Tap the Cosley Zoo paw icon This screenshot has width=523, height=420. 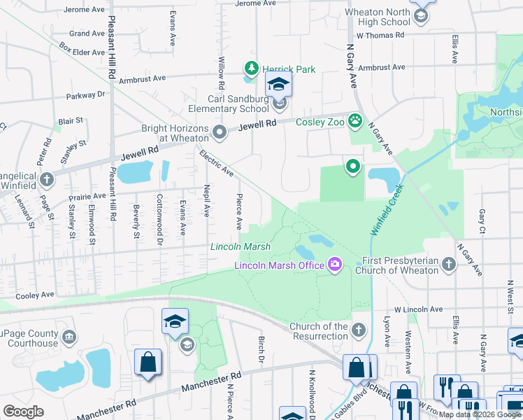pos(355,120)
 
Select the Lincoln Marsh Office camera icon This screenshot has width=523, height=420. pos(335,264)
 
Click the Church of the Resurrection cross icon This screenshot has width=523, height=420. pos(359,329)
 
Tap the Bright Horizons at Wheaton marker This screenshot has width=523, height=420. pos(220,131)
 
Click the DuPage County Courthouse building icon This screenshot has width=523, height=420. pos(69,337)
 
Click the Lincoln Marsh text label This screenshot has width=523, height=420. pos(241,246)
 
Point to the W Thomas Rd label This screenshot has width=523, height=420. pos(381,34)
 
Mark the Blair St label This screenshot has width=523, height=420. pos(71,120)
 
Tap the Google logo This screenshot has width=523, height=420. pos(23,412)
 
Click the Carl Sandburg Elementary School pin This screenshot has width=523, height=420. pos(280,104)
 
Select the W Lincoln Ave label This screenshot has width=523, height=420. pos(418,309)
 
